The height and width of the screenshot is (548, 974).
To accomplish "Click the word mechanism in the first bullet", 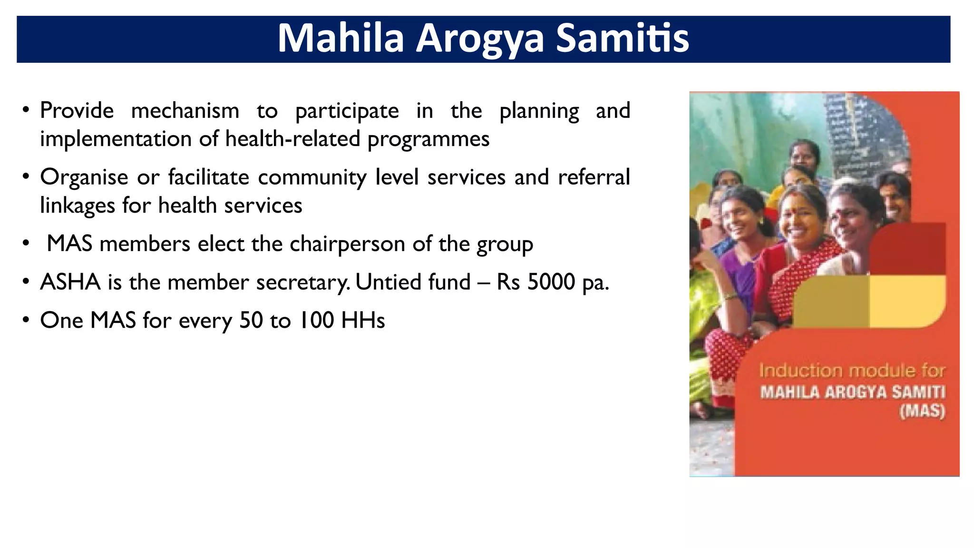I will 185,111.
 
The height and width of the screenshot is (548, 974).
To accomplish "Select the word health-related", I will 293,139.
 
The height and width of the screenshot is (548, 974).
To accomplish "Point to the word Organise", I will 84,177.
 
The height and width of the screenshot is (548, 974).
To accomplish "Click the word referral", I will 594,177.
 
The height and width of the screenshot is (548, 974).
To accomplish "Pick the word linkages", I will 77,206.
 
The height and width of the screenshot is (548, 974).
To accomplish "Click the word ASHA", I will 70,282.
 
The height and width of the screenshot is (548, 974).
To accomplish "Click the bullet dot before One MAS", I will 26,320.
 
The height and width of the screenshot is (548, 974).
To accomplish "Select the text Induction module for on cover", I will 851,371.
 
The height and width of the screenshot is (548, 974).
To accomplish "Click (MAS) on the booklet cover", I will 921,411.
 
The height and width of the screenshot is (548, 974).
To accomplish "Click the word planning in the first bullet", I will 539,111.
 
